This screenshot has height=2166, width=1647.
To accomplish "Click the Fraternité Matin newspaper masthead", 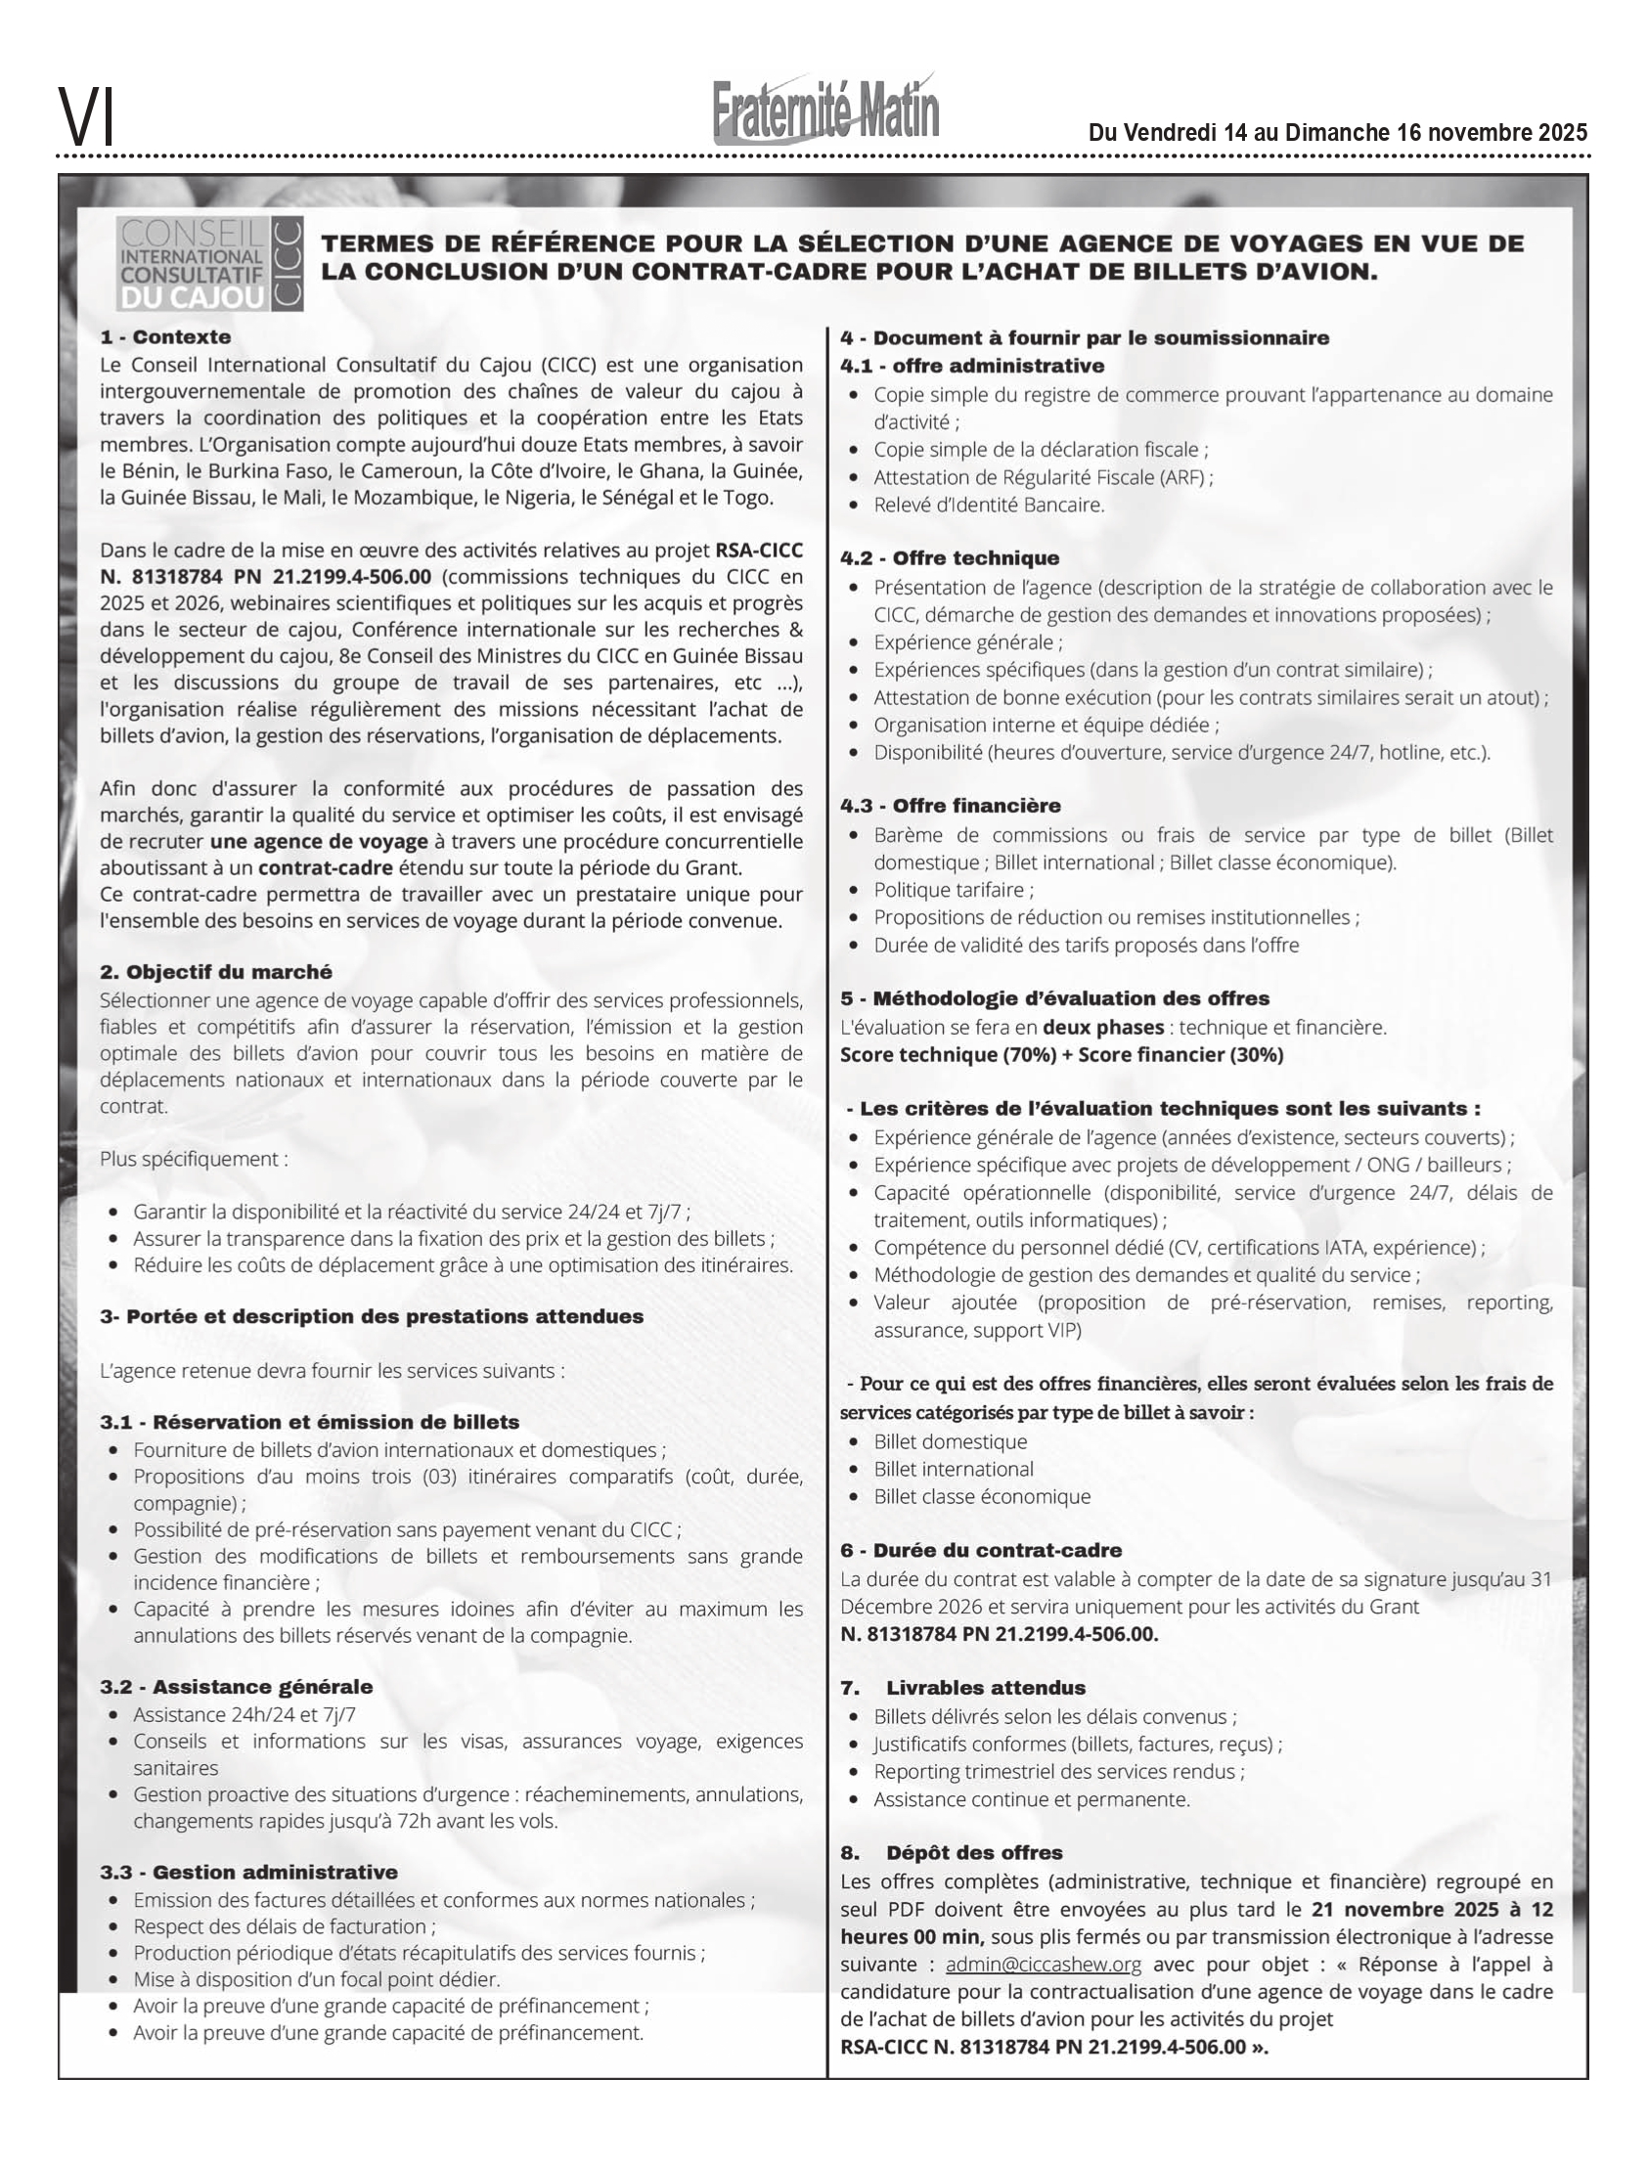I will (825, 111).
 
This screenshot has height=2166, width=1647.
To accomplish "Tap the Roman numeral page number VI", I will (86, 116).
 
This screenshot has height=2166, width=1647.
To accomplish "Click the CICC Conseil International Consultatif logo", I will (209, 264).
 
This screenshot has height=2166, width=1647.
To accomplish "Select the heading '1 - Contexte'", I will (164, 337).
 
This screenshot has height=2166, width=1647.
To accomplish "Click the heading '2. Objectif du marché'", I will (216, 972).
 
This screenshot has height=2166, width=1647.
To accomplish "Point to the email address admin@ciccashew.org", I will (1044, 1966).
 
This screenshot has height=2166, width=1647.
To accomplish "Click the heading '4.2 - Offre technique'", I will (949, 558).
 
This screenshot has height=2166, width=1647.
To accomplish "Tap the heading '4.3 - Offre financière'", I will (950, 806).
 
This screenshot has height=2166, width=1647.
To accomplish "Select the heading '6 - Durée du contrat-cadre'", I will (980, 1551).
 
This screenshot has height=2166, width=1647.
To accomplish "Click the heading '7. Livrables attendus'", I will (962, 1688).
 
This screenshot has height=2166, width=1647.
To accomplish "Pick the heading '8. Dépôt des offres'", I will (951, 1852).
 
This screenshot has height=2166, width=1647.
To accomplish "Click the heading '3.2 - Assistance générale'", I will (236, 1687).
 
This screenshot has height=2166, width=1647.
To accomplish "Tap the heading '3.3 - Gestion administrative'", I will (248, 1872).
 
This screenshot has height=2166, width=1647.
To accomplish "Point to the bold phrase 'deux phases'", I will (1103, 1027).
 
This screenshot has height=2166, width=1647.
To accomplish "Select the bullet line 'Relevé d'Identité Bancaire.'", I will (988, 505).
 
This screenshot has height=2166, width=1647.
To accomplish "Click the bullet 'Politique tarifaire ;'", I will (953, 890).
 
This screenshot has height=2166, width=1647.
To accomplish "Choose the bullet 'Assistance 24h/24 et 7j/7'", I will (245, 1714).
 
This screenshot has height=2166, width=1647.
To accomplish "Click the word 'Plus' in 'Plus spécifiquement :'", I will (117, 1160).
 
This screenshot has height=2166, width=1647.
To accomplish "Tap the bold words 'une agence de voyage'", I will (319, 842).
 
